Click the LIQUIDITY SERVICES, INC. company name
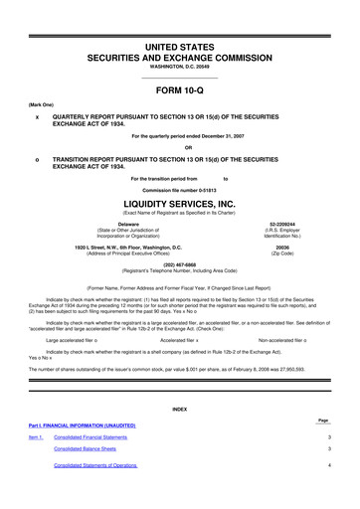tap(179, 198)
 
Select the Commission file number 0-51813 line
tap(179, 186)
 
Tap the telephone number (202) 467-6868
tap(179, 264)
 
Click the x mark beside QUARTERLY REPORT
tap(36, 114)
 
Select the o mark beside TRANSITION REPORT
tap(36, 157)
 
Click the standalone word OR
tap(179, 146)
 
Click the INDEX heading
tap(179, 409)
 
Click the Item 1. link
tap(36, 436)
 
